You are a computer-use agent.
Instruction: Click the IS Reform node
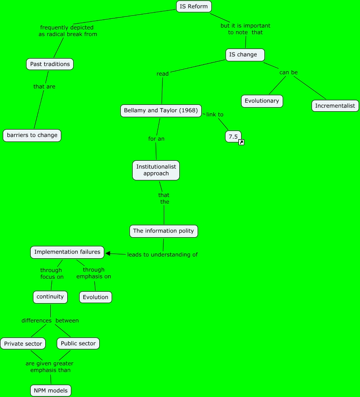point(194,6)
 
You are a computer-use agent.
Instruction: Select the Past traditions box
point(50,64)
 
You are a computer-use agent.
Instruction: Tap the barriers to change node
point(32,135)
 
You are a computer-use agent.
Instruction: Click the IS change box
point(246,55)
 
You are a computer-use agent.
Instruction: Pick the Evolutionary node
point(262,101)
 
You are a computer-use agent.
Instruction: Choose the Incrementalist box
point(335,106)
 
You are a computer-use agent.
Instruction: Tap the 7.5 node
point(232,136)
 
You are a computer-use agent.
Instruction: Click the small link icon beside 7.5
point(241,142)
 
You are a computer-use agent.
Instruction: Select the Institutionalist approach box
point(156,170)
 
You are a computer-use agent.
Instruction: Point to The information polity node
point(164,231)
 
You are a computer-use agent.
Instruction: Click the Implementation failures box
point(67,252)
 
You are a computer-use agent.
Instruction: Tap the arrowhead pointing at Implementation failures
point(108,253)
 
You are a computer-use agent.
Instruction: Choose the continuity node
point(50,297)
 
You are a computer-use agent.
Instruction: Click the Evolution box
point(96,297)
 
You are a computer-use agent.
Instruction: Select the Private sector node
point(23,343)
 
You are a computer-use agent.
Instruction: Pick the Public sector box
point(78,343)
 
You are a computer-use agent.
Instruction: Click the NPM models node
point(51,391)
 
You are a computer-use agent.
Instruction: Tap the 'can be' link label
point(288,72)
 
